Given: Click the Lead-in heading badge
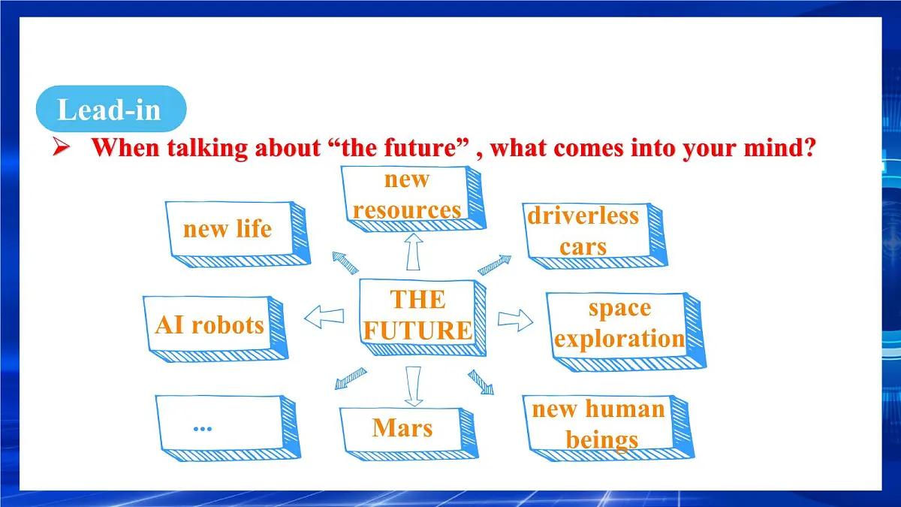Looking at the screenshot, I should click(x=110, y=110).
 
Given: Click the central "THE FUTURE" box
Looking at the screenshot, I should click(x=418, y=315).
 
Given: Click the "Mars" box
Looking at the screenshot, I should click(x=403, y=430).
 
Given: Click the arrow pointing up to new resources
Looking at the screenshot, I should click(x=412, y=251).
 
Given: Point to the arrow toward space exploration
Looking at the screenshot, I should click(x=515, y=321).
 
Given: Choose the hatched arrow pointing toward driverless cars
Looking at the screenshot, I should click(x=495, y=264).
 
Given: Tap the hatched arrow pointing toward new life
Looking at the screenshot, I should click(x=345, y=263).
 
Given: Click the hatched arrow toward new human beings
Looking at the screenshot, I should click(x=481, y=382).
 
